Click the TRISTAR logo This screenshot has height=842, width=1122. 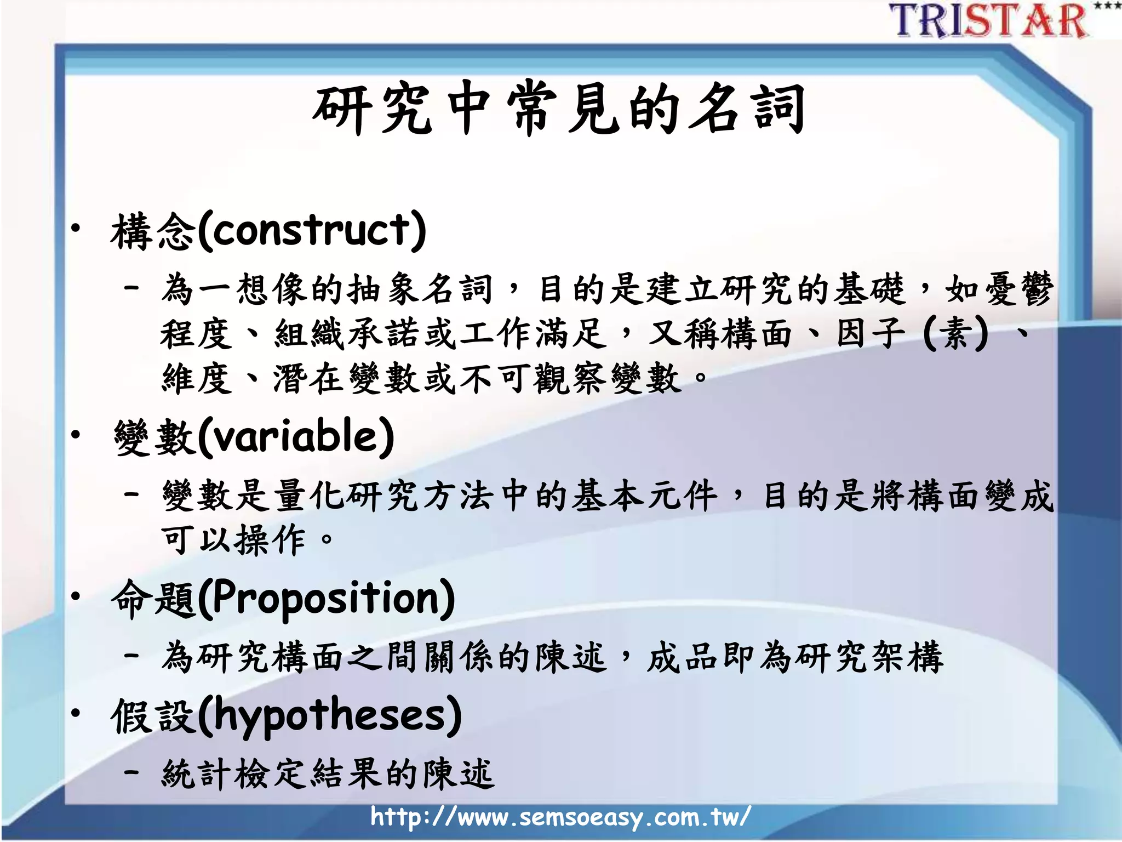(989, 21)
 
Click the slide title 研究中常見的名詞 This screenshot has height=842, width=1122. (559, 110)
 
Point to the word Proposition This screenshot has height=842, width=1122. (326, 599)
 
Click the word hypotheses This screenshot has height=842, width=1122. (329, 716)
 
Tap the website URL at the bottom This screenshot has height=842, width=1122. (560, 817)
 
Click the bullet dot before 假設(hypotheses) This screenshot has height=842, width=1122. (76, 713)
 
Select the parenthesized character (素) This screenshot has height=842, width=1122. (955, 333)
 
